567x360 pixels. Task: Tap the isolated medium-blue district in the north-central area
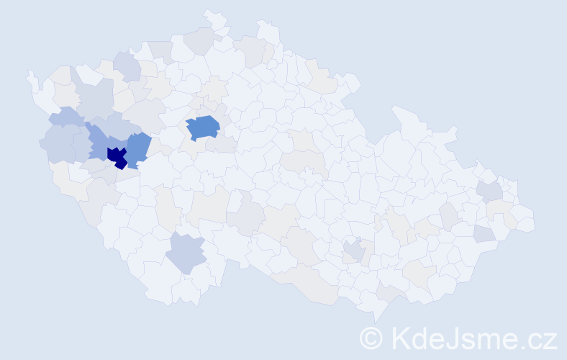click(x=203, y=127)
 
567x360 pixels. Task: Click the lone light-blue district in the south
click(x=187, y=253)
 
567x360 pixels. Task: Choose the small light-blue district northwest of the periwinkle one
click(x=66, y=116)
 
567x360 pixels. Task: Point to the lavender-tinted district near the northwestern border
click(x=127, y=66)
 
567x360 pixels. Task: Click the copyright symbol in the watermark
click(x=371, y=337)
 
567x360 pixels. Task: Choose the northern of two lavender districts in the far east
click(x=491, y=191)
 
